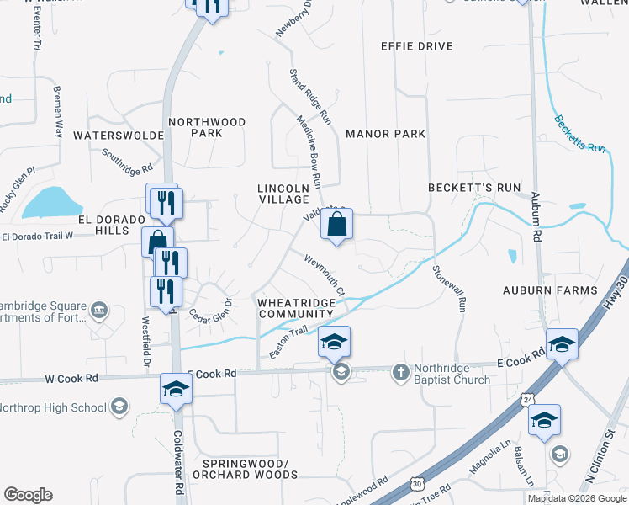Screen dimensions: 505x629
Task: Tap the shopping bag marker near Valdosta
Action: (x=336, y=226)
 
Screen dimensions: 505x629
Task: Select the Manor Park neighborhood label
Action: (x=385, y=134)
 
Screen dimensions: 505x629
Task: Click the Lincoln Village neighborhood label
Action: (x=283, y=193)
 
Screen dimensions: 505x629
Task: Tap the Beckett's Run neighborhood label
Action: (x=474, y=187)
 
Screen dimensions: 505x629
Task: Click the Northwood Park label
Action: (x=207, y=127)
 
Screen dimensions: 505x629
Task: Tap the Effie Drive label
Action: (x=416, y=46)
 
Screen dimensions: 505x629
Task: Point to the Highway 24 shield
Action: (x=526, y=396)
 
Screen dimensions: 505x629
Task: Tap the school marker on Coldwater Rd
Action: (x=176, y=390)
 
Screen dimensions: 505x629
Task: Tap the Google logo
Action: (x=28, y=495)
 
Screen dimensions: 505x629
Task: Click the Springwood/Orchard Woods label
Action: (x=250, y=469)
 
